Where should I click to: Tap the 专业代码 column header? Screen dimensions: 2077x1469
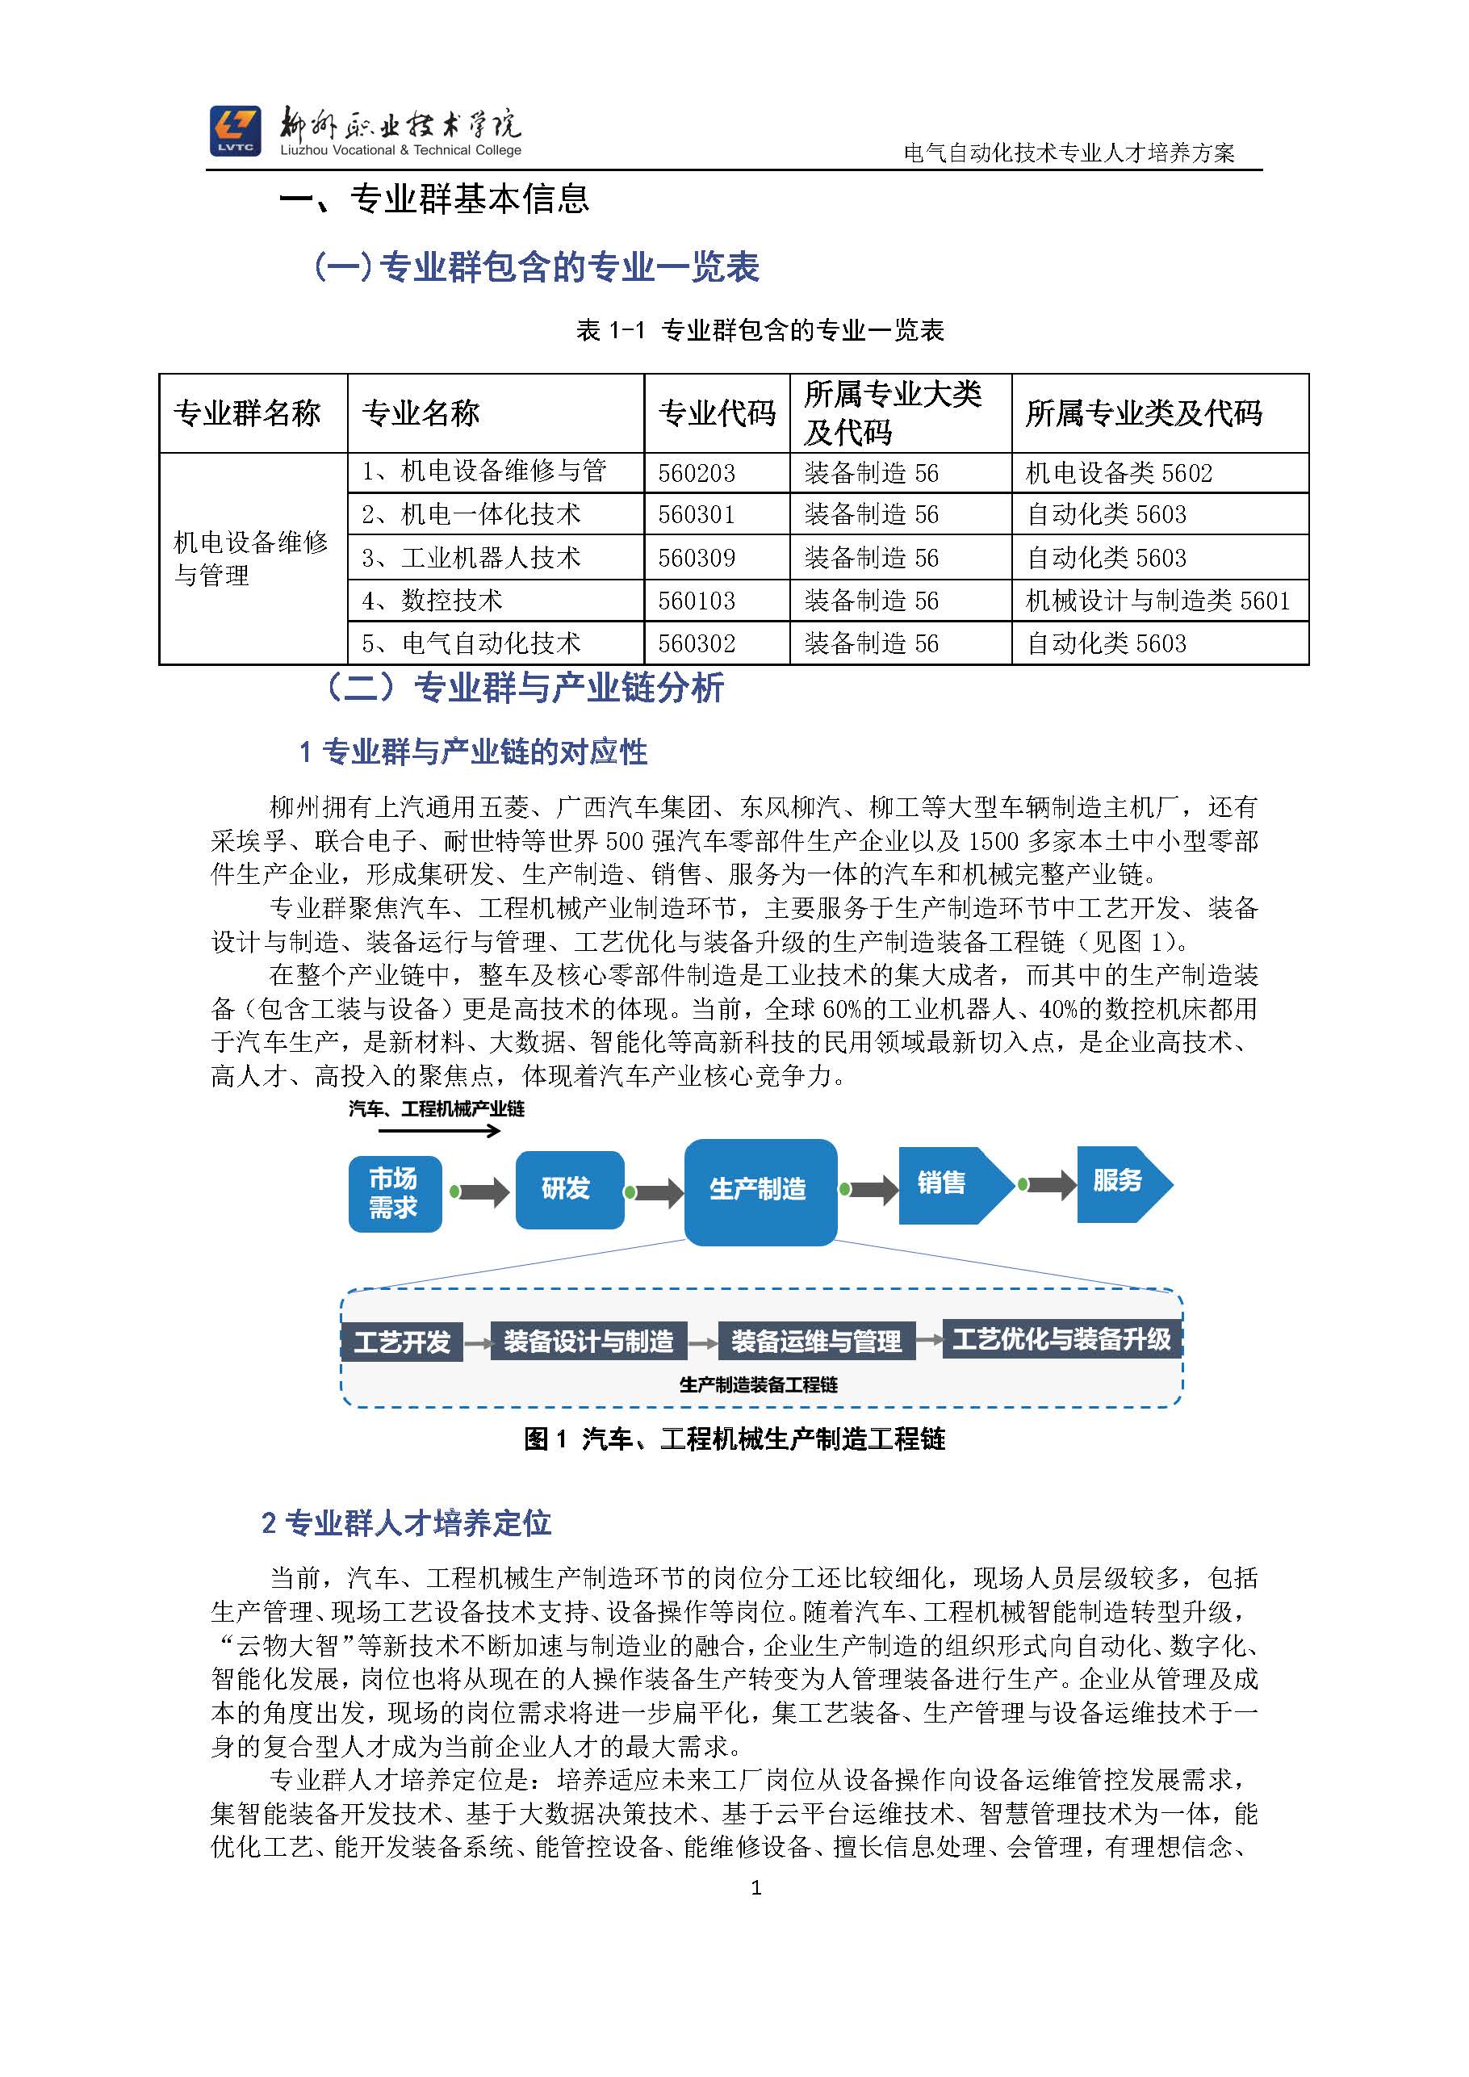pyautogui.click(x=717, y=413)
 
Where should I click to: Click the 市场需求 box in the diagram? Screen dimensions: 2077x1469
pyautogui.click(x=395, y=1193)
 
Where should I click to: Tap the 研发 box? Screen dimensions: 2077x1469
pyautogui.click(x=569, y=1189)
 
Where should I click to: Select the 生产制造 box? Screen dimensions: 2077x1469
pyautogui.click(x=760, y=1191)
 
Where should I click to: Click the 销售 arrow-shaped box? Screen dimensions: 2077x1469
pyautogui.click(x=950, y=1184)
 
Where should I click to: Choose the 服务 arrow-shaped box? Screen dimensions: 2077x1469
pyautogui.click(x=1122, y=1183)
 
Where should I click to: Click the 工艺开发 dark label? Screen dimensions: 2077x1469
pyautogui.click(x=402, y=1342)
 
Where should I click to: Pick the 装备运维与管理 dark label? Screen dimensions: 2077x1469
pyautogui.click(x=816, y=1342)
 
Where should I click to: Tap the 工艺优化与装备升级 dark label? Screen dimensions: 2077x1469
pyautogui.click(x=1061, y=1339)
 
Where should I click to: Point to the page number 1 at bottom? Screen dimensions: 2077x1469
pyautogui.click(x=756, y=1888)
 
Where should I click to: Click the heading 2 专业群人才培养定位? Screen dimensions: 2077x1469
pyautogui.click(x=406, y=1522)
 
